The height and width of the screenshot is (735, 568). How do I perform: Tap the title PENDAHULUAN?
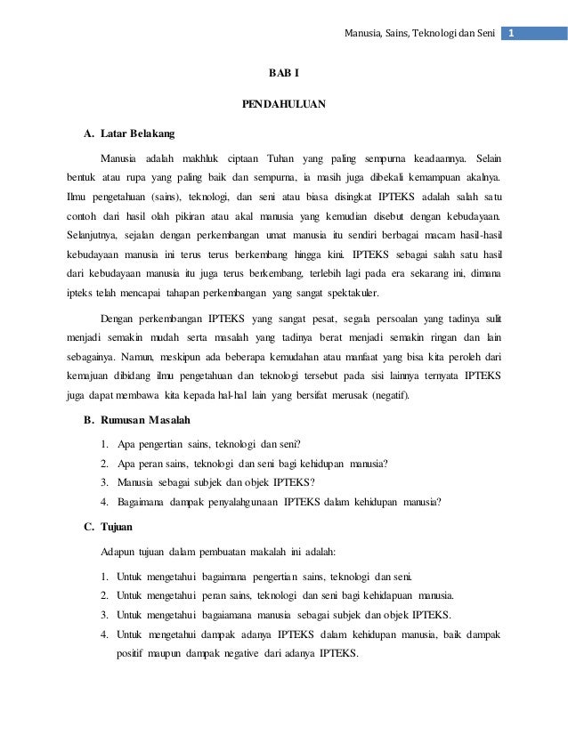pos(284,104)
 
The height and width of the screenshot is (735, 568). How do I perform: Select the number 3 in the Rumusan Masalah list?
pos(106,481)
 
